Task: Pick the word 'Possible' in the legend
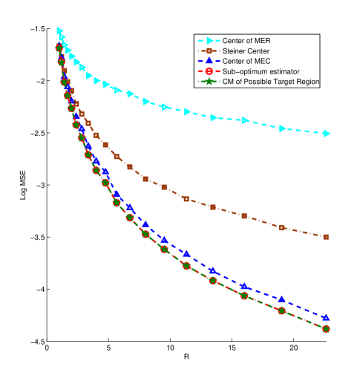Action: click(x=263, y=82)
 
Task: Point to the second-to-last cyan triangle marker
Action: click(x=283, y=128)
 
